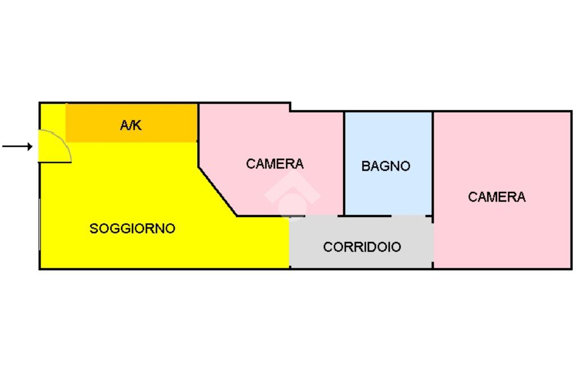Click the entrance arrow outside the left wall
point(17,147)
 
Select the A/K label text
point(131,126)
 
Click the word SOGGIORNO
point(133,228)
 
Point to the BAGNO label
point(386,166)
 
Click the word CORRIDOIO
point(362,247)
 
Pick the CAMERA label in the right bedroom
point(496,197)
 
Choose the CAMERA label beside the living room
point(275,164)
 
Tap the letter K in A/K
point(137,126)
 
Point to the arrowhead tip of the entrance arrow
point(33,147)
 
